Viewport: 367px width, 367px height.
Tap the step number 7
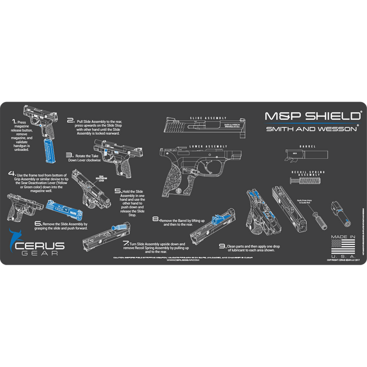[x=126, y=243]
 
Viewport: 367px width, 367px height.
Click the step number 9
[x=222, y=247]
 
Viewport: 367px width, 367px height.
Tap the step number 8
[x=155, y=219]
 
